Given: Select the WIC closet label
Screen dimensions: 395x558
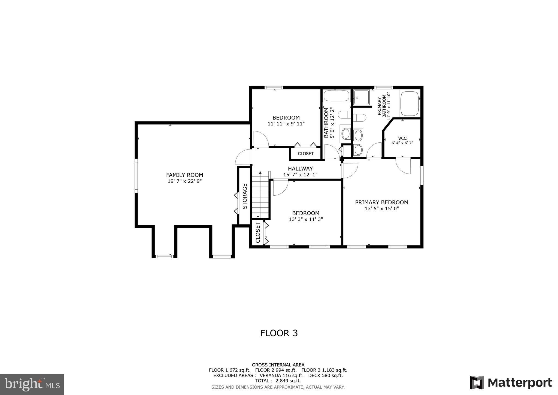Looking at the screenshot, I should tap(402, 138).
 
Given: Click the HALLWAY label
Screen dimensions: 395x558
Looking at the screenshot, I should tap(300, 169).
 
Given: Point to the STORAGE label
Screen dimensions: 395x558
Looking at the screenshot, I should tap(245, 196).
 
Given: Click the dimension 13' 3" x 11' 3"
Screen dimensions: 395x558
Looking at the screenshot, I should tap(306, 219).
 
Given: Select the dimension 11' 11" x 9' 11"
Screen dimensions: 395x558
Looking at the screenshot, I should tap(286, 124).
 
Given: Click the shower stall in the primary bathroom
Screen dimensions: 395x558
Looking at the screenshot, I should tap(361, 97).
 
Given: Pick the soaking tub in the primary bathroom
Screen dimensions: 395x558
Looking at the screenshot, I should tap(409, 104).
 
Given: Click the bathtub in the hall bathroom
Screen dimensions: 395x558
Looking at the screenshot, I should tap(336, 96).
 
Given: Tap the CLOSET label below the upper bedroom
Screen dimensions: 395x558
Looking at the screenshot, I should tap(305, 154).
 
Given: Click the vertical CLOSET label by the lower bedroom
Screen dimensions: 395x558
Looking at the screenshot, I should tap(258, 233).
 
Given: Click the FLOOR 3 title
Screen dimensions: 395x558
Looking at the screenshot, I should tap(279, 333).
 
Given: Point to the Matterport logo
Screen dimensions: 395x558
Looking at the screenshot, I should tap(511, 382).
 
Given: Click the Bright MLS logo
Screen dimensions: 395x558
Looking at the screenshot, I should tap(32, 384).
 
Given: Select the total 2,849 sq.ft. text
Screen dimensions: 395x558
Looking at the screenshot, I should tap(278, 381).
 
